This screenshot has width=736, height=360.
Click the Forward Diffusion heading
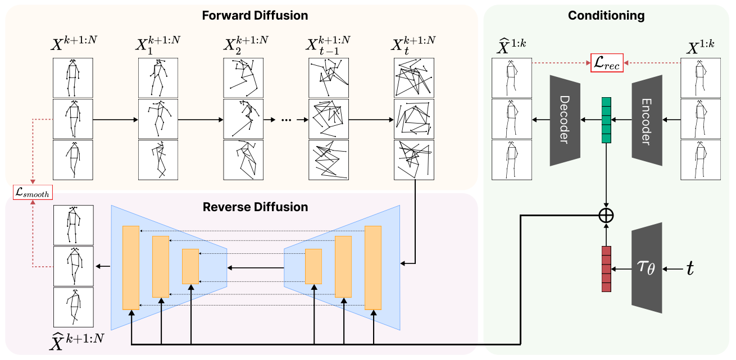[x=256, y=15]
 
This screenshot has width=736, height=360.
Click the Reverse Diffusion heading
[x=256, y=207]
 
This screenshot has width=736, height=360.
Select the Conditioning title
[x=606, y=15]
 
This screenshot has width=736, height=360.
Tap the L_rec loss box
[x=607, y=63]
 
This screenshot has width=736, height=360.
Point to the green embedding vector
[x=606, y=120]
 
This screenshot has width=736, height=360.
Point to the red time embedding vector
[x=606, y=269]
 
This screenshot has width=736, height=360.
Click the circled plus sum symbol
[x=606, y=215]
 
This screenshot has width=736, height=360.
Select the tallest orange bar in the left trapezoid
[x=130, y=267]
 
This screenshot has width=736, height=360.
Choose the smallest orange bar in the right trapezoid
[x=313, y=266]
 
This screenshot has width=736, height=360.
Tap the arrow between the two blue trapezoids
[x=256, y=268]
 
